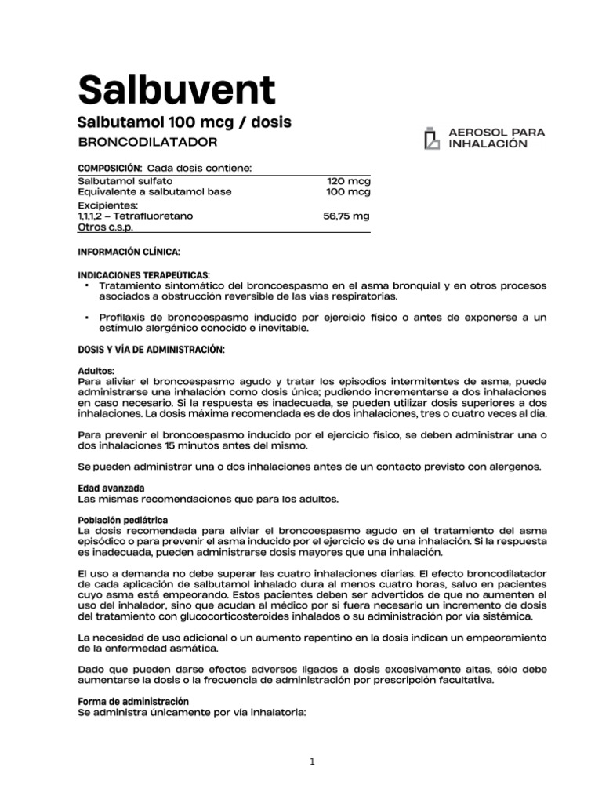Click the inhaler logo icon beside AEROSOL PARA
(x=431, y=138)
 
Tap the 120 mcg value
(x=349, y=180)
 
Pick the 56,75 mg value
(x=346, y=215)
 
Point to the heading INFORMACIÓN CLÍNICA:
(x=129, y=252)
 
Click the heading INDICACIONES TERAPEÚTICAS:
(x=143, y=276)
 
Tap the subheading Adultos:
(x=96, y=371)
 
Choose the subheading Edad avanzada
(x=111, y=488)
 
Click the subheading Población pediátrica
(x=121, y=520)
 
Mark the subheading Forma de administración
(x=133, y=699)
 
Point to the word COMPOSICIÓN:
(x=110, y=168)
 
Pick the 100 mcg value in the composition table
(x=349, y=191)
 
